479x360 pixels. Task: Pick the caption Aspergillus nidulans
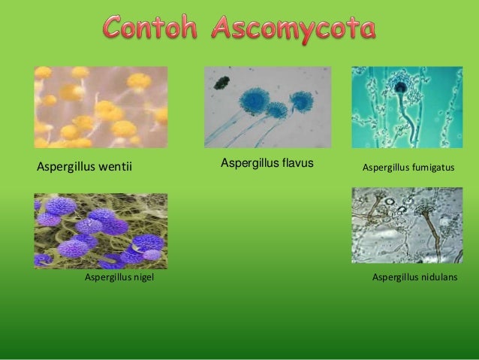(416, 278)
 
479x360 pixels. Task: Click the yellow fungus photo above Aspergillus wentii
(101, 107)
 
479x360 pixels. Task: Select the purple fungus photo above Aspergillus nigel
(101, 231)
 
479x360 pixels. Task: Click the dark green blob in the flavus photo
(221, 82)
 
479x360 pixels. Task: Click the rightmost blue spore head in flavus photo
(303, 101)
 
